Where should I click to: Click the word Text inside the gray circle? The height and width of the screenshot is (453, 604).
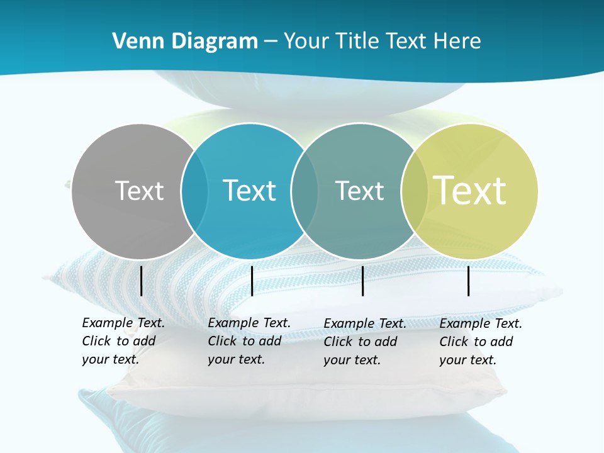139,191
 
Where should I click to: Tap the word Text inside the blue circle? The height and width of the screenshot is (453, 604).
249,191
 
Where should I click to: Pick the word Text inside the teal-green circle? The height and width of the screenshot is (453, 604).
359,191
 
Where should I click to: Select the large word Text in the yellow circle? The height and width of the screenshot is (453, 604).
470,191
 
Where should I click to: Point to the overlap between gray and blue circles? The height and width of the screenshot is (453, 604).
194,191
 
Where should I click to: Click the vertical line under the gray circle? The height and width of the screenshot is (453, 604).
142,281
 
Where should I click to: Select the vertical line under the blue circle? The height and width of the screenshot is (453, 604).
252,281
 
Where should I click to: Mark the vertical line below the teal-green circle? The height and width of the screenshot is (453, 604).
363,281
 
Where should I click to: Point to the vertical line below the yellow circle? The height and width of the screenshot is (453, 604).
469,281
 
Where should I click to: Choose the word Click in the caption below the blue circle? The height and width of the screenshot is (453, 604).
222,341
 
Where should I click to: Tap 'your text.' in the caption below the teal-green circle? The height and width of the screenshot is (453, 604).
352,360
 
